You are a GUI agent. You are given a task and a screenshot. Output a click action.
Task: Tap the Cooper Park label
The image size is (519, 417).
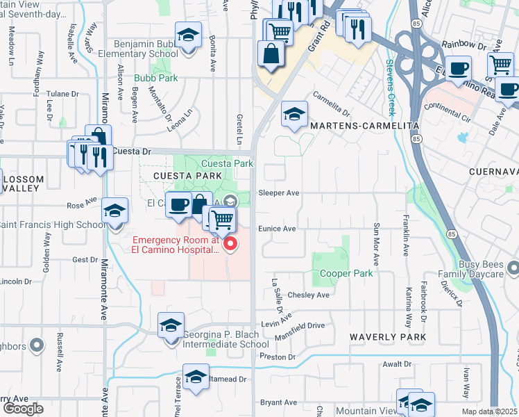[346, 273]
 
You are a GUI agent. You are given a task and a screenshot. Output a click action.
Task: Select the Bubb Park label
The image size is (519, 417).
[156, 79]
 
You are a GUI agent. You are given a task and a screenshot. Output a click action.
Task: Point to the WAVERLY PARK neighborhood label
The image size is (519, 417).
[387, 336]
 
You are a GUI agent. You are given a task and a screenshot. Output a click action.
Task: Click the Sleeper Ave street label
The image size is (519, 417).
[278, 193]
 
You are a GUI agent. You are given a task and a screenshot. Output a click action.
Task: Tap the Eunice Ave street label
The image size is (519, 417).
[277, 228]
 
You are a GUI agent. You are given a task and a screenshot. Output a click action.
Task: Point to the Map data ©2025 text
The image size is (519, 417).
[489, 411]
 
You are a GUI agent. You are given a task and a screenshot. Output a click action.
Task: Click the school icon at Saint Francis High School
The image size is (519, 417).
[114, 211]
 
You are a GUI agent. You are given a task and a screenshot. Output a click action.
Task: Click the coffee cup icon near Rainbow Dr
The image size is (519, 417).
[458, 70]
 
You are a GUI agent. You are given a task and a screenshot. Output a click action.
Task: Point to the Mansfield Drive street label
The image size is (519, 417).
[302, 325]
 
